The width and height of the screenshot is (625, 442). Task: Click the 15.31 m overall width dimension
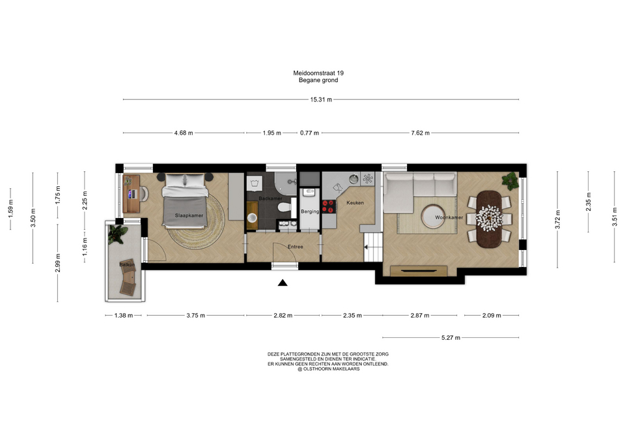(x=321, y=100)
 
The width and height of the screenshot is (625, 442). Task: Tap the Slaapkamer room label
(x=189, y=215)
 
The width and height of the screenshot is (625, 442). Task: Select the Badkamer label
(x=270, y=199)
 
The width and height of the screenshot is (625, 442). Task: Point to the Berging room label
(x=310, y=212)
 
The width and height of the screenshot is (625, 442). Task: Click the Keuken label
(x=355, y=203)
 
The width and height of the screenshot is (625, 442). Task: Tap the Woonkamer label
(x=449, y=217)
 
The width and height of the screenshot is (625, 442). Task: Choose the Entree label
(x=296, y=247)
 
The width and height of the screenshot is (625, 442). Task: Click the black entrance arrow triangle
(x=283, y=283)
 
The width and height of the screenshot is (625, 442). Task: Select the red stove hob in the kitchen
(x=329, y=206)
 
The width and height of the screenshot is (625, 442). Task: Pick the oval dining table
(x=488, y=219)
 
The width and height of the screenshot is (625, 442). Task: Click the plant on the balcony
(x=117, y=234)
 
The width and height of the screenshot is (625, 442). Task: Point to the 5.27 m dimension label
(x=451, y=338)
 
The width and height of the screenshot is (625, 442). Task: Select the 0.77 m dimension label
(x=309, y=133)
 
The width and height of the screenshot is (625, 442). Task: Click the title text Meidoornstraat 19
(x=318, y=74)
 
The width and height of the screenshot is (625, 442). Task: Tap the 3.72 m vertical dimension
(x=558, y=219)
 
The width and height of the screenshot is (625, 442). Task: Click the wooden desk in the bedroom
(x=131, y=194)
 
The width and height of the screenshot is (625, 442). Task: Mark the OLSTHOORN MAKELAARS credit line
(x=328, y=369)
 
